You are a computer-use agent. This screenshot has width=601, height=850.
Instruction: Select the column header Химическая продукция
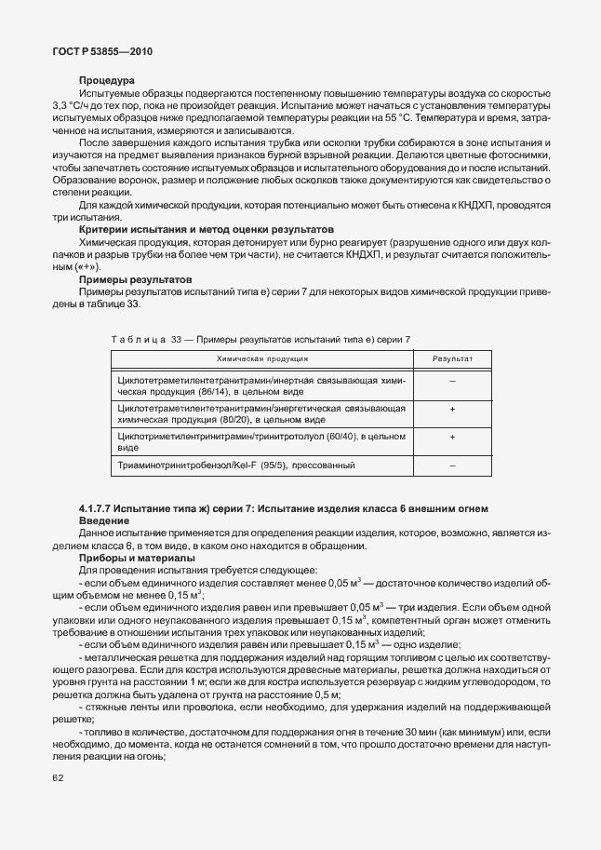[x=262, y=358]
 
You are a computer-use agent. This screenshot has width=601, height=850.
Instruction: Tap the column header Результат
[x=453, y=358]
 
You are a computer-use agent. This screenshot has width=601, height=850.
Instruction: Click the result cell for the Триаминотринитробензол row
[x=452, y=465]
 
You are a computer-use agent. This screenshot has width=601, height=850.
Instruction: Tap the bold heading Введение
[x=103, y=521]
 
